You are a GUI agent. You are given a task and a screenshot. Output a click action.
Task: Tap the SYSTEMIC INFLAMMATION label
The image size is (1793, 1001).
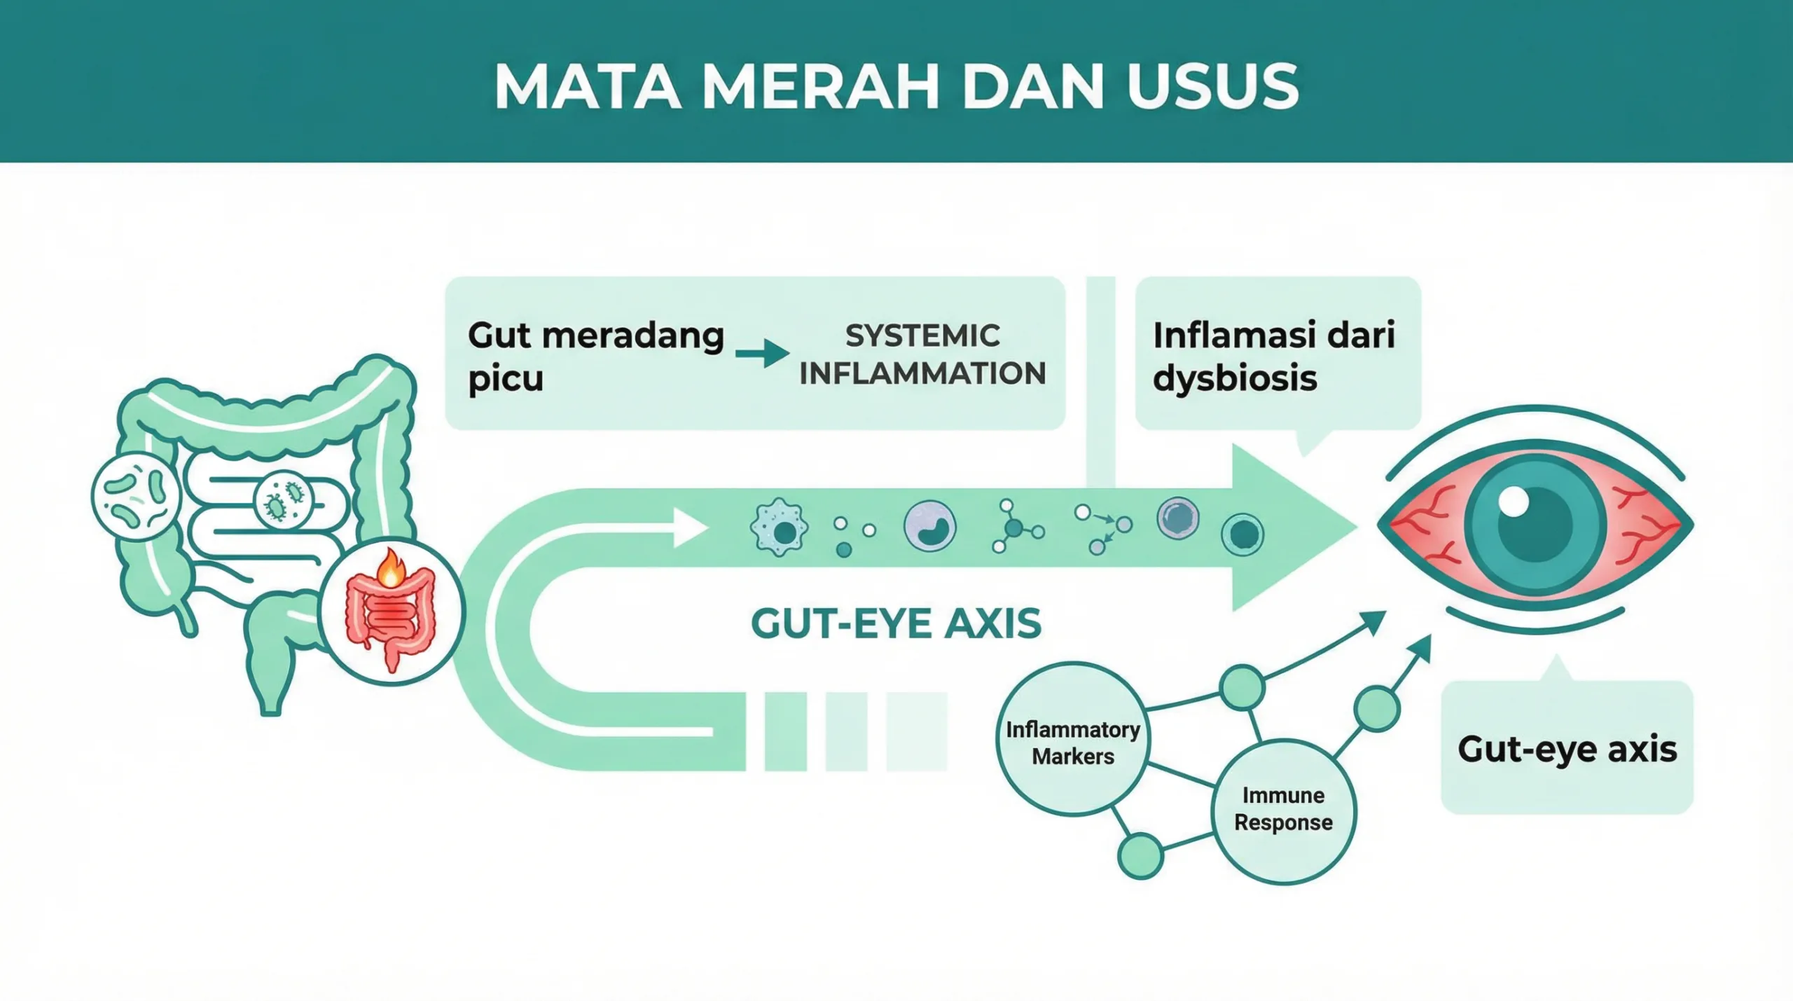coord(922,354)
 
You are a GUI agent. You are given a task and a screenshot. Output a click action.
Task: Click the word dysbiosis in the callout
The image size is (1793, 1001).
coord(1235,379)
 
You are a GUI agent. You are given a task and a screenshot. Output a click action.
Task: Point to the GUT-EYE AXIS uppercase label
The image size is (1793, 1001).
coord(896,623)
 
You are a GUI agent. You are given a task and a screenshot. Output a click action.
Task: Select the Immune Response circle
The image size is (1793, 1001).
coord(1283,810)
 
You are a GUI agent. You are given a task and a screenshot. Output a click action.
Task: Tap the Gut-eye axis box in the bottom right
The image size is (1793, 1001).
coord(1567,748)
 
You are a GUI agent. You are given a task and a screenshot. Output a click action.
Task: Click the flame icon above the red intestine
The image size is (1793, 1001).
coord(390,569)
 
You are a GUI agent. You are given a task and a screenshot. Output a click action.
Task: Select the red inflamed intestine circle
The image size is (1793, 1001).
coord(391,612)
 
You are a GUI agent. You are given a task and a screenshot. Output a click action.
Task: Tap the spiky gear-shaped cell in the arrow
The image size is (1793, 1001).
coord(779,528)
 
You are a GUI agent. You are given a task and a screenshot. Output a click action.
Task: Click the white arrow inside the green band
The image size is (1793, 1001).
coord(688,528)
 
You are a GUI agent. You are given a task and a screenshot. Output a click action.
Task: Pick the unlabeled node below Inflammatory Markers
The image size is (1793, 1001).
coord(1140,856)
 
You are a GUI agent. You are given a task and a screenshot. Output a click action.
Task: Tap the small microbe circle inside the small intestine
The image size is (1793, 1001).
coord(283,499)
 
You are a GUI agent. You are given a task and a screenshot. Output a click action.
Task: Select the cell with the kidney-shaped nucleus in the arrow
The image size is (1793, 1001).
coord(930,527)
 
